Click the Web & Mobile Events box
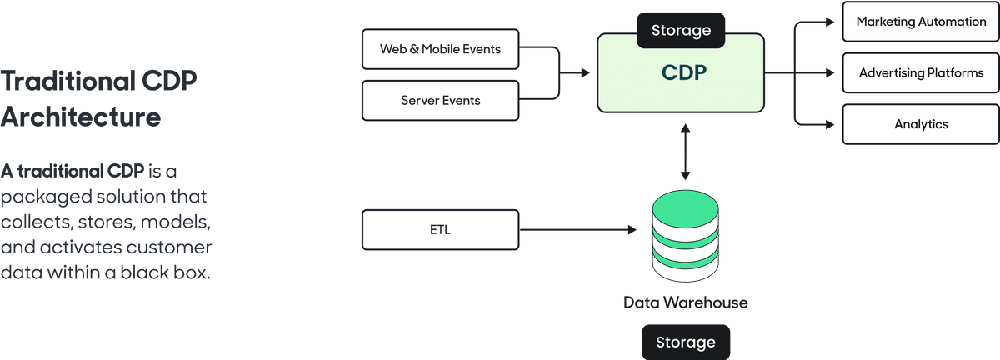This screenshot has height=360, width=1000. [440, 49]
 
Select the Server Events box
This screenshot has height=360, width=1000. [440, 100]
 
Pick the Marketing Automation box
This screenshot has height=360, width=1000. [921, 22]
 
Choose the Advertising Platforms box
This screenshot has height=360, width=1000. [921, 73]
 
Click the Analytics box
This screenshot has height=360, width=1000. [921, 124]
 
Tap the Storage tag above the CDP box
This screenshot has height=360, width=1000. [681, 31]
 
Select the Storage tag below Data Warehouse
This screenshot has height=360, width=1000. [685, 342]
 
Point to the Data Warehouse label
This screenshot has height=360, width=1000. [685, 302]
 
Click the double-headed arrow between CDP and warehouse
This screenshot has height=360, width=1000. [685, 151]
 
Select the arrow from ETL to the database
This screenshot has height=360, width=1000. [575, 229]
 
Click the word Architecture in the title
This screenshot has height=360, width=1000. [81, 117]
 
